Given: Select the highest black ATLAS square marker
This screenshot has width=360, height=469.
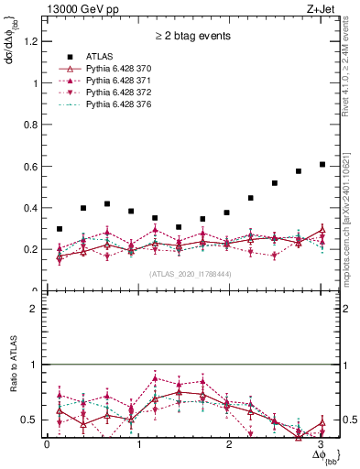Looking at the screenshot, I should (322, 164).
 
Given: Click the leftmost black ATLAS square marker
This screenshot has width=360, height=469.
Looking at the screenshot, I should (60, 229).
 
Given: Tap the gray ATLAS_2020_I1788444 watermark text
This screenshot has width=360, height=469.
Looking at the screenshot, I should (191, 274).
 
